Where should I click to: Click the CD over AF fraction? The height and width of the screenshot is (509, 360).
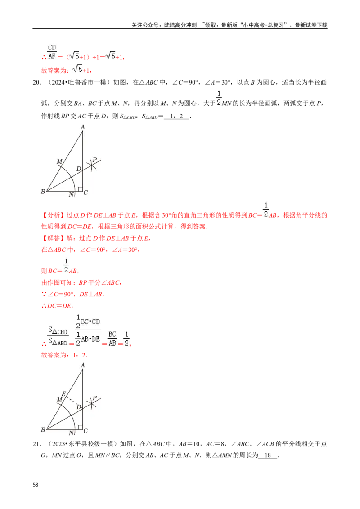tap(52, 52)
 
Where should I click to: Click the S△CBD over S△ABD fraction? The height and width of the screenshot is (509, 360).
tap(58, 336)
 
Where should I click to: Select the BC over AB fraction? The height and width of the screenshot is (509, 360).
tap(112, 338)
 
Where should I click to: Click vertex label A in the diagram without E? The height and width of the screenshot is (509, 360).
tap(83, 127)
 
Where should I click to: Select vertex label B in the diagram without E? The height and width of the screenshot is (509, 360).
tap(43, 192)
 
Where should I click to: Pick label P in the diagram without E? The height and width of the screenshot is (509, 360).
tap(94, 160)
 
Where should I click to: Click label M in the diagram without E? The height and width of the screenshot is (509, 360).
tap(59, 161)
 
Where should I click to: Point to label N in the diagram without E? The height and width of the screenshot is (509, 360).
tap(71, 195)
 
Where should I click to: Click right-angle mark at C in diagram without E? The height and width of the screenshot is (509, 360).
tap(80, 189)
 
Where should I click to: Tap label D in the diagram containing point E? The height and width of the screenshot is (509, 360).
tap(78, 407)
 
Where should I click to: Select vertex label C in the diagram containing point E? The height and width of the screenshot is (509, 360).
tap(85, 431)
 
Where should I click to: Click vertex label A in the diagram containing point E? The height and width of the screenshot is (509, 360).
tap(83, 366)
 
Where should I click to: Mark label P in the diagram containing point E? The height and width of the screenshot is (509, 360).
tap(94, 398)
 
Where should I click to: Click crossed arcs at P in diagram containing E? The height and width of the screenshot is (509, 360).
tap(91, 404)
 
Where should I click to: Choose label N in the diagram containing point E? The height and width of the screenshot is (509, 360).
tap(71, 433)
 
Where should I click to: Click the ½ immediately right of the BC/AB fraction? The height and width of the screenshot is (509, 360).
tap(127, 338)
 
